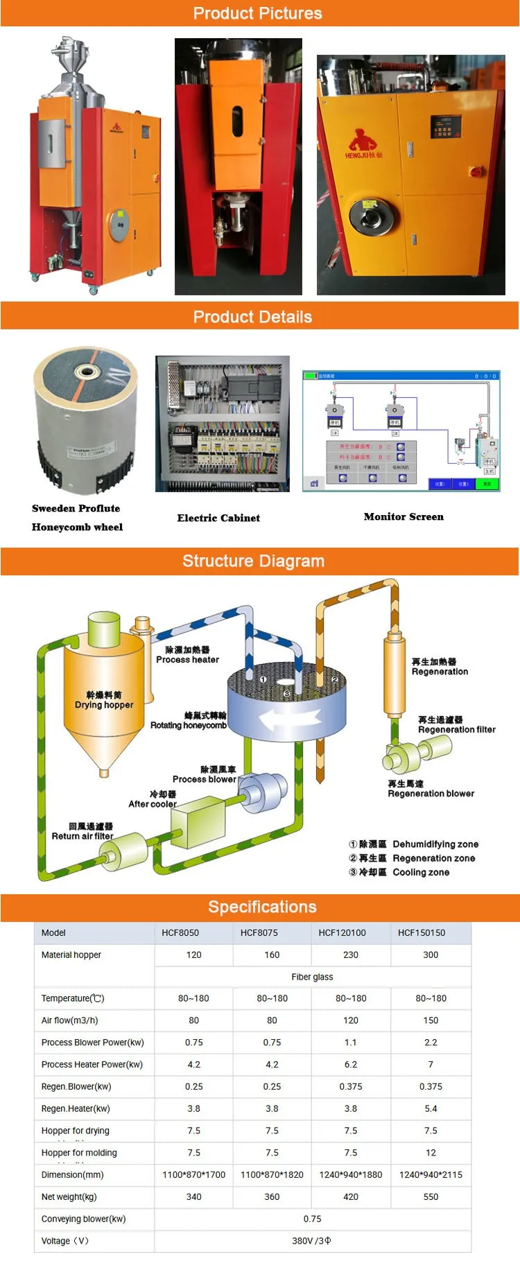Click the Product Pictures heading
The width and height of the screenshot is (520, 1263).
(257, 13)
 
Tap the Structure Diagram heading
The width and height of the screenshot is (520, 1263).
(253, 561)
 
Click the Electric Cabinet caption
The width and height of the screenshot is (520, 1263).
(218, 518)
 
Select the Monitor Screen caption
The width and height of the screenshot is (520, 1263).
(404, 516)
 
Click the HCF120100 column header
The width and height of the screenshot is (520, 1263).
(342, 932)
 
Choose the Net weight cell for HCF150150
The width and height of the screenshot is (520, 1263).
(431, 1196)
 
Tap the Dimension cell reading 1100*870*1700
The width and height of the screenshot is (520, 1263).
(194, 1174)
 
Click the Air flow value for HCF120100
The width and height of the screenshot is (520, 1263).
(351, 1020)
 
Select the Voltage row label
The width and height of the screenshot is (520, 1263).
(65, 1241)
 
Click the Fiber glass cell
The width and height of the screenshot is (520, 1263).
(312, 977)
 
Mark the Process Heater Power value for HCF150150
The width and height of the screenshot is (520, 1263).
(431, 1064)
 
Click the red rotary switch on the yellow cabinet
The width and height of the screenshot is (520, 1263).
(477, 170)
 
